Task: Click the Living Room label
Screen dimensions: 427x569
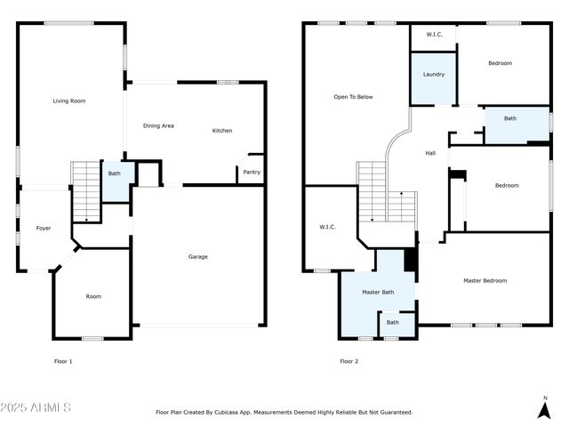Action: (70, 101)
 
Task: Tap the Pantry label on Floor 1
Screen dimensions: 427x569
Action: (252, 172)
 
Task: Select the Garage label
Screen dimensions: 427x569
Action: (197, 257)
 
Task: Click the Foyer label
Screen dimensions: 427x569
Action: (43, 229)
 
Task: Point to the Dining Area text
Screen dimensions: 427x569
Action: (158, 125)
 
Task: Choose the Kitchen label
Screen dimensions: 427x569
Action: (222, 131)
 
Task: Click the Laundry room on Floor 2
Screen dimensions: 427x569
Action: (434, 75)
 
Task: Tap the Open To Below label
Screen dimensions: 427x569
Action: (353, 97)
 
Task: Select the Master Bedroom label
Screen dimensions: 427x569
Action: (485, 281)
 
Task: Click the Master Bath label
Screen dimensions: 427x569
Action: (377, 292)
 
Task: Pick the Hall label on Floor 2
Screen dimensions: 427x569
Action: (430, 153)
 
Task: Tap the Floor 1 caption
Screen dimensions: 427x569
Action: (63, 361)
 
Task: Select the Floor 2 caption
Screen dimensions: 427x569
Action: (349, 361)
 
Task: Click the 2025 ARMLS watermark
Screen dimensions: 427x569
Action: (36, 407)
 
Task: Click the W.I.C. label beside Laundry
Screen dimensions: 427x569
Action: (434, 35)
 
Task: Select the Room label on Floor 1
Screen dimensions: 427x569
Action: (92, 296)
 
